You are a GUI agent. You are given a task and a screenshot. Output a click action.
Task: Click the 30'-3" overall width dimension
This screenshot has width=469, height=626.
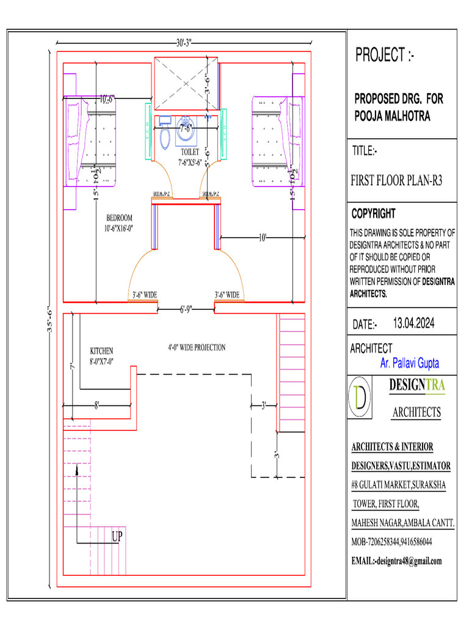[x=184, y=43]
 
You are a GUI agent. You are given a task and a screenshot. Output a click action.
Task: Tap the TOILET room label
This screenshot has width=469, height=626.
[x=190, y=152]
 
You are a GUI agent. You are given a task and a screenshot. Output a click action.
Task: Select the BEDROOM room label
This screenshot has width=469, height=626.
[x=119, y=218]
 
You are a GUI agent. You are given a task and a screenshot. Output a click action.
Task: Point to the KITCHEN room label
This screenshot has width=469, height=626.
[x=101, y=351]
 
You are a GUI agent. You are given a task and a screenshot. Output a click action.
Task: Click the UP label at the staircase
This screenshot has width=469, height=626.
[x=118, y=537]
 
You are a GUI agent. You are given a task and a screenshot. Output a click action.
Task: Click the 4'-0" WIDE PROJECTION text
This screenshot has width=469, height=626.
[x=197, y=348]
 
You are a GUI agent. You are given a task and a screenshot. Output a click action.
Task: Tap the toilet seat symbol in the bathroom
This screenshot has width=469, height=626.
[x=164, y=138]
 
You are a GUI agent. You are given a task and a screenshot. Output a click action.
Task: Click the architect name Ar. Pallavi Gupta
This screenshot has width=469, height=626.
[x=409, y=364]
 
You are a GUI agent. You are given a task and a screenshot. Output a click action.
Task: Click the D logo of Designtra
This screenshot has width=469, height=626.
[x=361, y=399]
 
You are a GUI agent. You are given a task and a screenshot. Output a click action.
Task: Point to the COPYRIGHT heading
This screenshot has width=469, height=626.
[x=373, y=214]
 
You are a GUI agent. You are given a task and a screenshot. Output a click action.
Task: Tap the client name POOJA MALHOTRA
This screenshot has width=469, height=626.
[x=393, y=116]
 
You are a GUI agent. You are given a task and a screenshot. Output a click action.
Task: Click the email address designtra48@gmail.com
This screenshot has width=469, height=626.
[x=396, y=561]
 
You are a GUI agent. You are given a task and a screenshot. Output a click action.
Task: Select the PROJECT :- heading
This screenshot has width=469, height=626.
[x=385, y=56]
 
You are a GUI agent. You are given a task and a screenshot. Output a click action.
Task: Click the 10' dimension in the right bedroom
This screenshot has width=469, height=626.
[x=263, y=237]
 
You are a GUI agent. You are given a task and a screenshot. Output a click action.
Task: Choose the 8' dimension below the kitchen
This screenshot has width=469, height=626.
[x=96, y=404]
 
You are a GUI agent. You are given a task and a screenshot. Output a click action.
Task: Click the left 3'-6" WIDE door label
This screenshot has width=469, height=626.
[x=145, y=295]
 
